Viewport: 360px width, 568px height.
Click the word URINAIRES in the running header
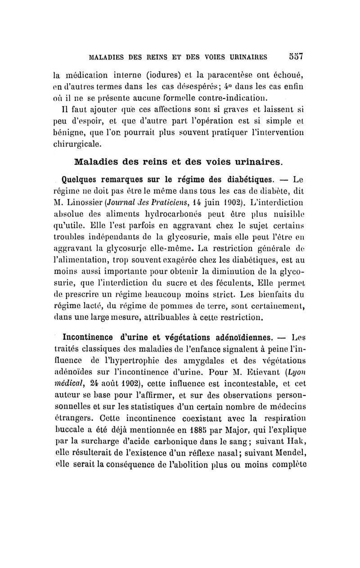245,58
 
